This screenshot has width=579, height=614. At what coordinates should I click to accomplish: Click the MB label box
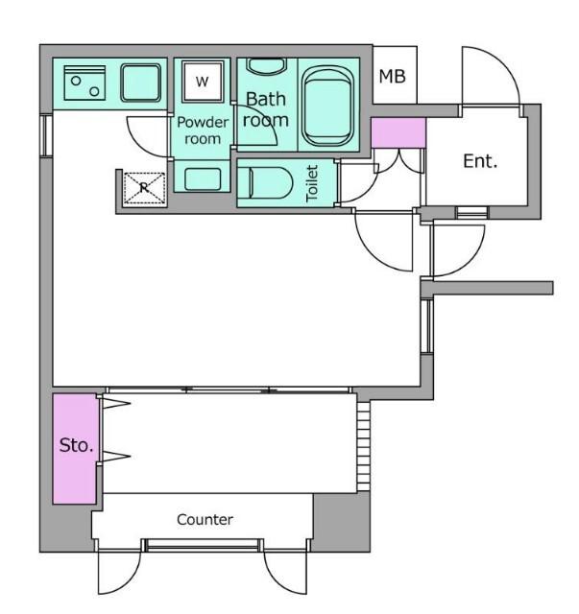[x=395, y=75]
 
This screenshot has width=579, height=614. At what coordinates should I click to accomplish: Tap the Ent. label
[x=480, y=161]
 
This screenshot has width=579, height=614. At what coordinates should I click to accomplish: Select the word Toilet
[x=312, y=183]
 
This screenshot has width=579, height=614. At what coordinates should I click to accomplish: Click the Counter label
[x=205, y=520]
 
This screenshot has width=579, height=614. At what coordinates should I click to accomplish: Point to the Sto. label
[x=76, y=445]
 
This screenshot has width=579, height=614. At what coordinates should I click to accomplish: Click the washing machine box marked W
[x=203, y=81]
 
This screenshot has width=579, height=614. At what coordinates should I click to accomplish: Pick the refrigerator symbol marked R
[x=144, y=188]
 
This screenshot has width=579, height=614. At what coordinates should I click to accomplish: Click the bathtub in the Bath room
[x=327, y=106]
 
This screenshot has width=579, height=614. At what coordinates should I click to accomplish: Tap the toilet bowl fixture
[x=271, y=183]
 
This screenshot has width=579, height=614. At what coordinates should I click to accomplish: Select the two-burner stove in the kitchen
[x=84, y=83]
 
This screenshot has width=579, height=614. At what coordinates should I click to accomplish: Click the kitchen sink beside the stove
[x=141, y=83]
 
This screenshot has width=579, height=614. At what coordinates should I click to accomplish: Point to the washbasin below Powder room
[x=203, y=179]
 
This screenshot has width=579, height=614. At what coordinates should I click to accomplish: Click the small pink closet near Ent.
[x=398, y=133]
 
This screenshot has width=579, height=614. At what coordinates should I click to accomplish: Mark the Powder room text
[x=203, y=130]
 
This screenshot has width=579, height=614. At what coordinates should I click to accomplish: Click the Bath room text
[x=265, y=109]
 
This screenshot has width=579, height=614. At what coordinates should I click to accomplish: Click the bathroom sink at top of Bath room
[x=267, y=66]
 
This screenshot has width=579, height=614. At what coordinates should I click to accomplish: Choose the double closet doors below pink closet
[x=398, y=161]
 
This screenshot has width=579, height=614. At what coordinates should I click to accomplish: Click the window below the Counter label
[x=203, y=546]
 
